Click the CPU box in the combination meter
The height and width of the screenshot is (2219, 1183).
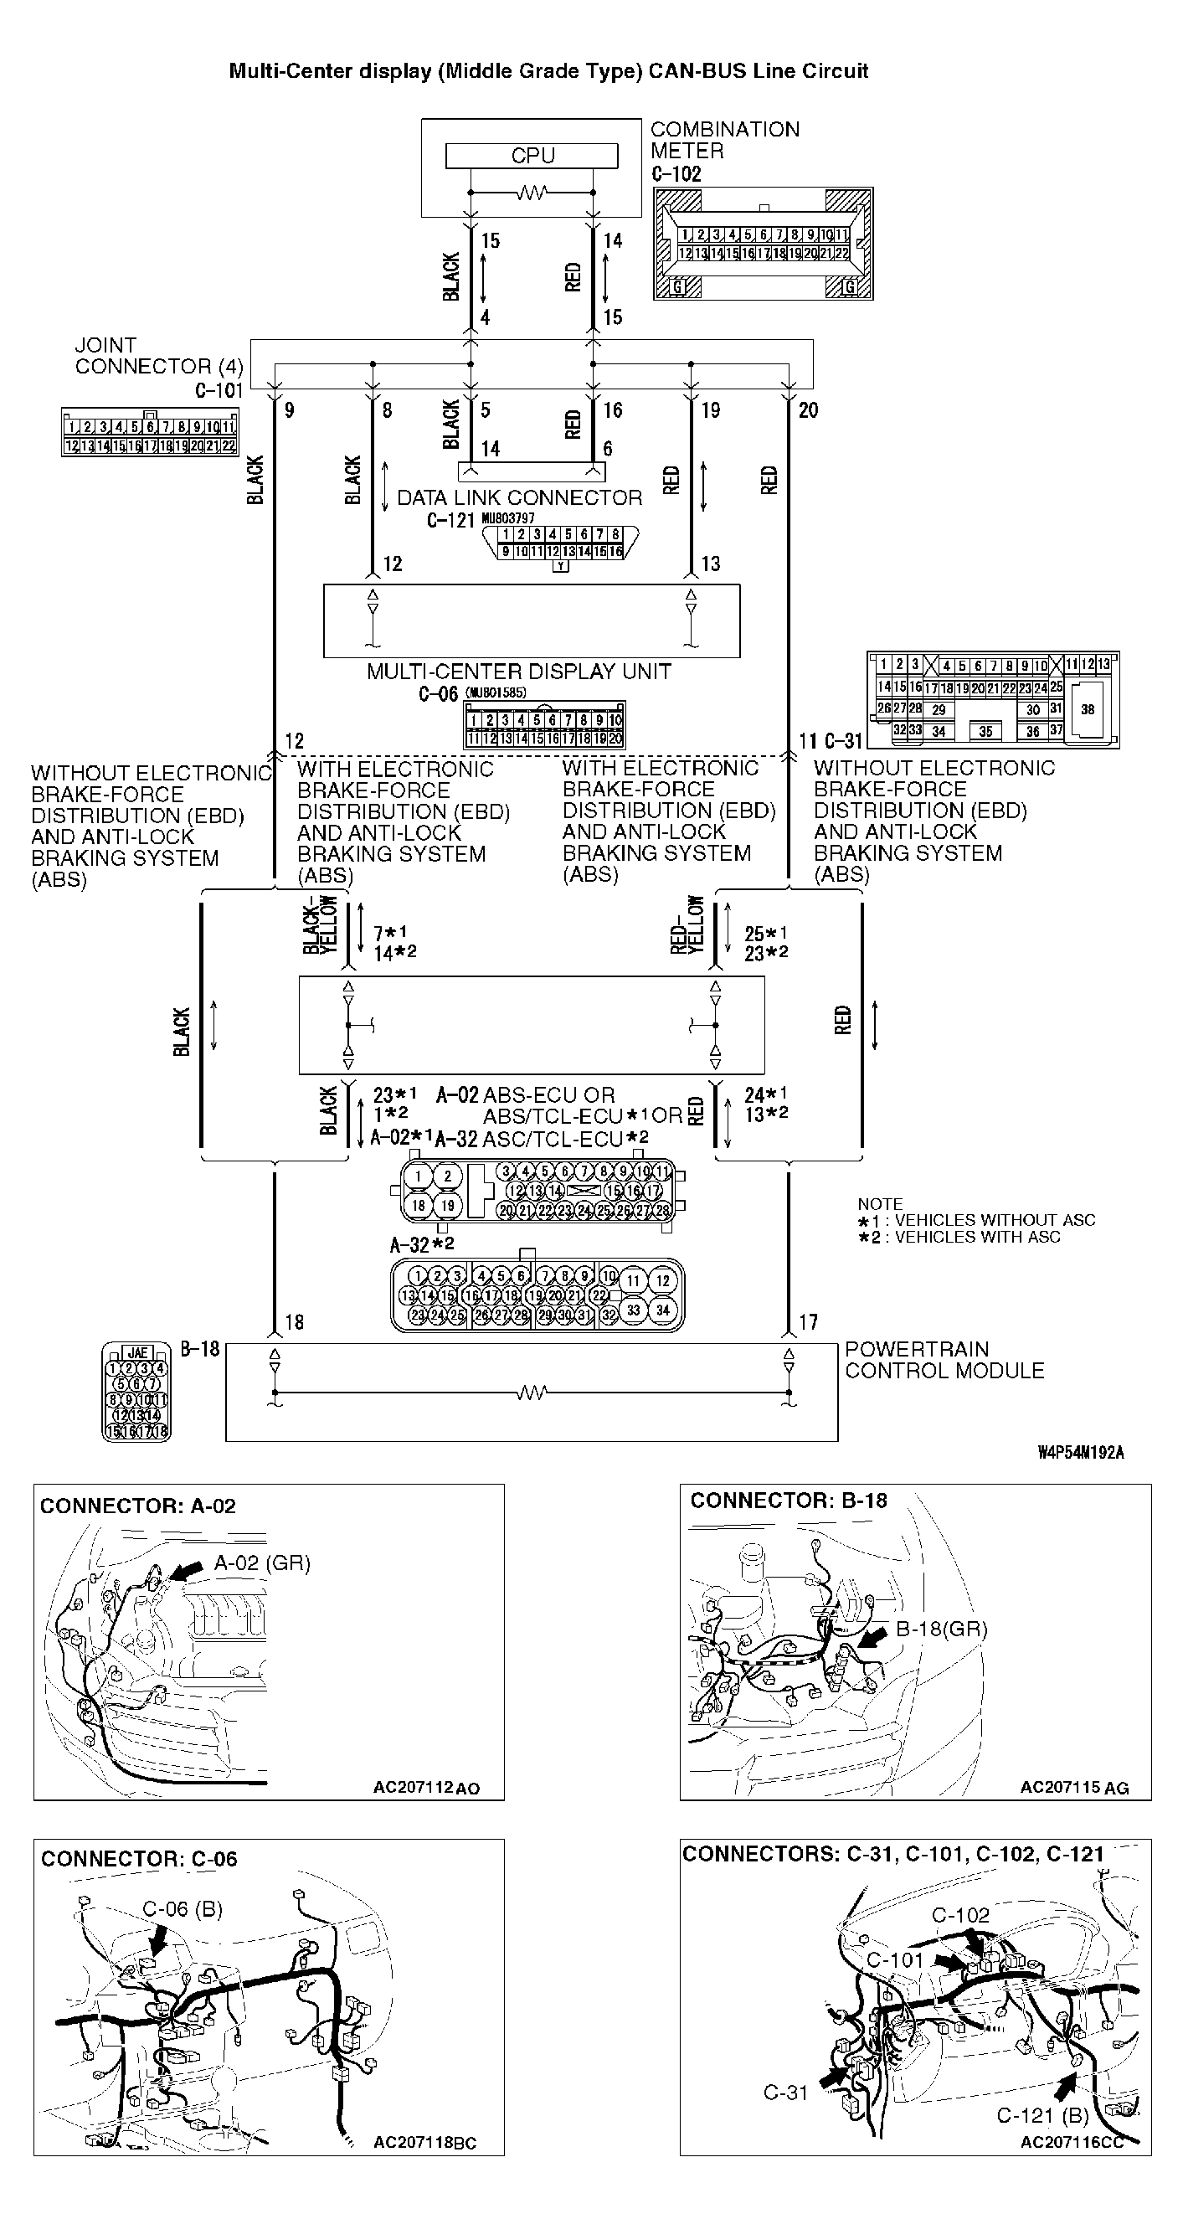(532, 156)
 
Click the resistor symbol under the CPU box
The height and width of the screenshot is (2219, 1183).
(532, 193)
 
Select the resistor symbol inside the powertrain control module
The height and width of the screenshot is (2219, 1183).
(532, 1393)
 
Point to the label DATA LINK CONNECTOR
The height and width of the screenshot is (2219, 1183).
(519, 498)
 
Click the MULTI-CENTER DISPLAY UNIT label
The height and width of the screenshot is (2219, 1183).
(518, 672)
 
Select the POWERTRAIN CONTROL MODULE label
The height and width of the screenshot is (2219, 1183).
(944, 1360)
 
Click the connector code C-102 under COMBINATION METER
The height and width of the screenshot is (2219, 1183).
(676, 174)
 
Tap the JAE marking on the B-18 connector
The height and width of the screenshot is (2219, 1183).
(137, 1352)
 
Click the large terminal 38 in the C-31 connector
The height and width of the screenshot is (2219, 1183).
(1088, 710)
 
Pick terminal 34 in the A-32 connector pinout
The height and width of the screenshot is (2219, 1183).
(662, 1310)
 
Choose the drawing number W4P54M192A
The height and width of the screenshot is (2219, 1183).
(1081, 1453)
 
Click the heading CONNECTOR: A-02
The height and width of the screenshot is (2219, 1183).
(138, 1506)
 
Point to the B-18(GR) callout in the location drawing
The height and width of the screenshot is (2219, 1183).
(941, 1629)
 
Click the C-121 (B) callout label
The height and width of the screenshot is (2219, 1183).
(1042, 2115)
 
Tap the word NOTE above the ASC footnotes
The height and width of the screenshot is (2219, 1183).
(879, 1203)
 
